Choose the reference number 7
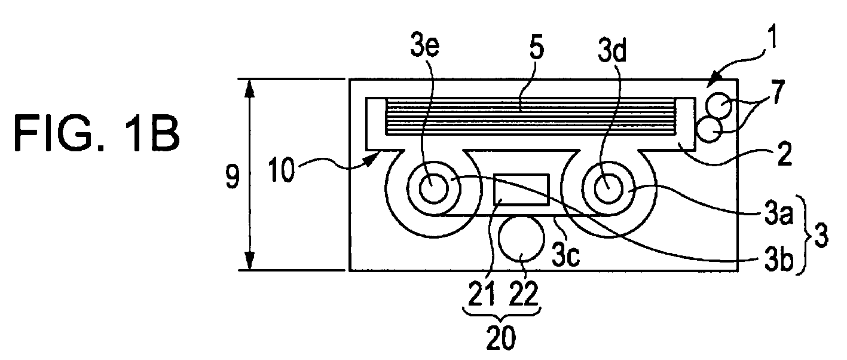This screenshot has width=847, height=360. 779,91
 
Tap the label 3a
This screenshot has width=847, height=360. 778,215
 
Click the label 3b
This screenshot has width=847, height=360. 779,261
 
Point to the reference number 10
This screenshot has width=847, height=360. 282,170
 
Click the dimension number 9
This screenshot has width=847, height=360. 232,176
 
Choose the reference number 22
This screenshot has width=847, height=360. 524,294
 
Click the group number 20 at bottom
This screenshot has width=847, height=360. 501,338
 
